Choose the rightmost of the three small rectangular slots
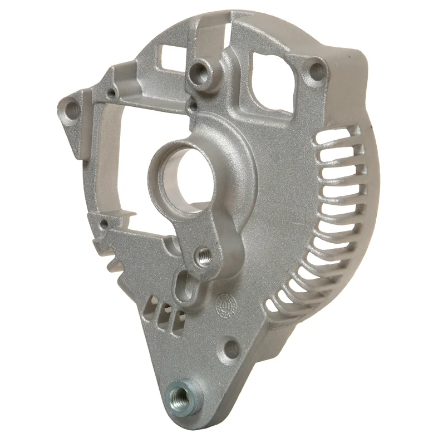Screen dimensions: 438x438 [178, 318]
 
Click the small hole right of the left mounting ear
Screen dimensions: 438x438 [111, 92]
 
